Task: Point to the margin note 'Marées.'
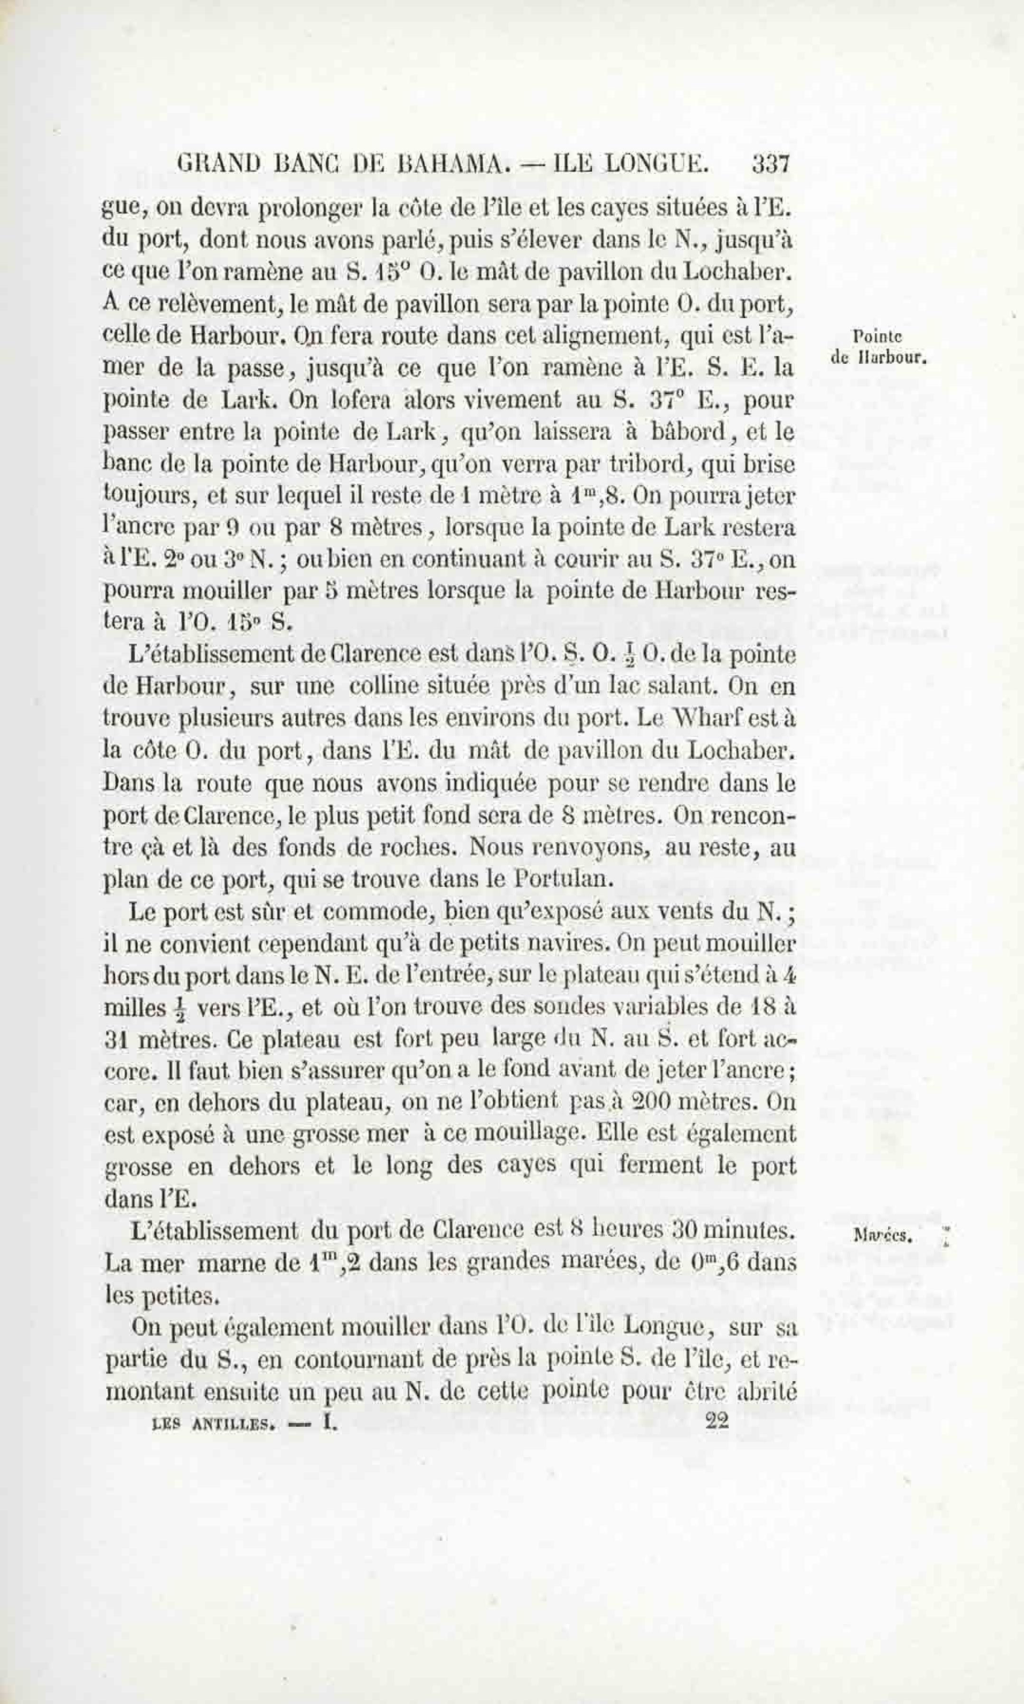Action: [x=883, y=1237]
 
